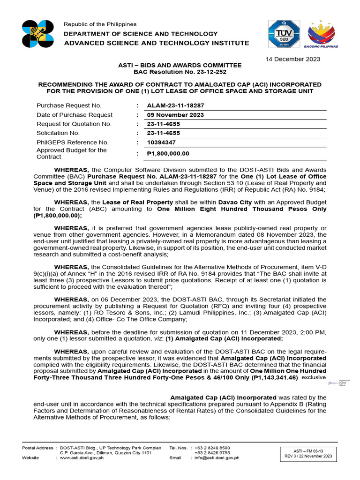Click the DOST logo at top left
[38, 34]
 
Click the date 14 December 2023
[294, 59]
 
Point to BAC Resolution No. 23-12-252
[180, 72]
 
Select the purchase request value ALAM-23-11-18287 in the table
[175, 106]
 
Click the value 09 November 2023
[175, 115]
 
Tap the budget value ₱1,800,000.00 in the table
[168, 153]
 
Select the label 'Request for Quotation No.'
[74, 124]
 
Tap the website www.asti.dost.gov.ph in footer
[82, 458]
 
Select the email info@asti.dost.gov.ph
[217, 458]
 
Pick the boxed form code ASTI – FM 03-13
[308, 450]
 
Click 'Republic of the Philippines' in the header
[100, 24]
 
